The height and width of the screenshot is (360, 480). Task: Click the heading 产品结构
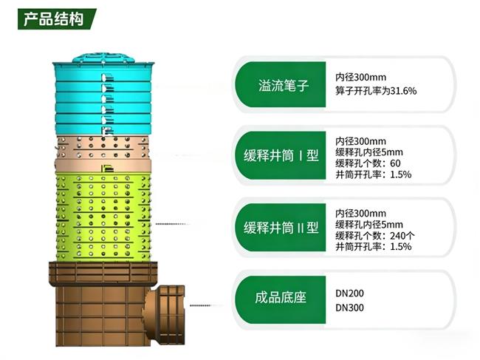[49, 18]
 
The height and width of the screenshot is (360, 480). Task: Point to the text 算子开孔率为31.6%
[377, 91]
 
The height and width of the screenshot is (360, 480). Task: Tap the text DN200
[350, 293]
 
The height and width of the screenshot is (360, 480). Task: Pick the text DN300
[350, 307]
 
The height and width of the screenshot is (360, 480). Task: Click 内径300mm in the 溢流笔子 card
[361, 77]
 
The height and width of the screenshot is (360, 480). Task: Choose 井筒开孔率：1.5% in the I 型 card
[373, 174]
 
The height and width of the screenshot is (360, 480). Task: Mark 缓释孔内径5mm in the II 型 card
[369, 224]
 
